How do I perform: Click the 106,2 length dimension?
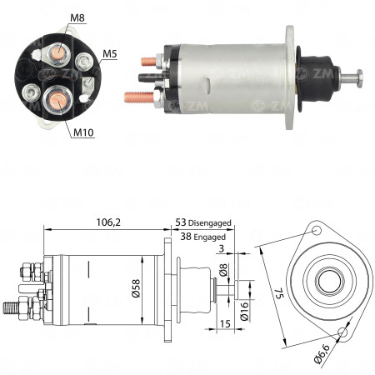tap(102, 222)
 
